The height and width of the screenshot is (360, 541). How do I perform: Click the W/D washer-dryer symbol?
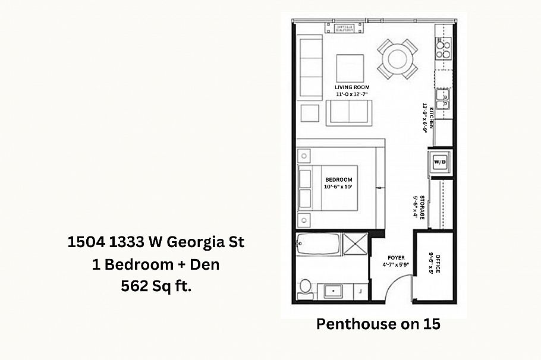click(440, 162)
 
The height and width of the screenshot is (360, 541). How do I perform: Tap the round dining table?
click(397, 59)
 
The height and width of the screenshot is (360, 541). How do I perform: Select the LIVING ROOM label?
click(352, 87)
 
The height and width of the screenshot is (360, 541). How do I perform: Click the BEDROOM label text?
click(338, 179)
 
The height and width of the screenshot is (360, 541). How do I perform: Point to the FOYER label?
click(396, 258)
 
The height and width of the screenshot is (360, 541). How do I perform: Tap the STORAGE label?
click(422, 207)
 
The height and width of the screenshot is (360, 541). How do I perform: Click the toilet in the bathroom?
click(306, 286)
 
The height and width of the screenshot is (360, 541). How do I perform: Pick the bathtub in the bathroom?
click(318, 244)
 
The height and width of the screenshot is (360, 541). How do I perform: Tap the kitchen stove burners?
click(443, 48)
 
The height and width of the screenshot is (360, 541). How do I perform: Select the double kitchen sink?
click(443, 99)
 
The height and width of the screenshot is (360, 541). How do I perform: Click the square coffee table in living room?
click(350, 67)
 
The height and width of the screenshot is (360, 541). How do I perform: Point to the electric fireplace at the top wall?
click(344, 27)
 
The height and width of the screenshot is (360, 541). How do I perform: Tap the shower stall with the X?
click(356, 244)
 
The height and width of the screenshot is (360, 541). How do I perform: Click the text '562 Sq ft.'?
click(155, 286)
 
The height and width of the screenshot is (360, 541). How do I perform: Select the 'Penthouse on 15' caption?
click(378, 324)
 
